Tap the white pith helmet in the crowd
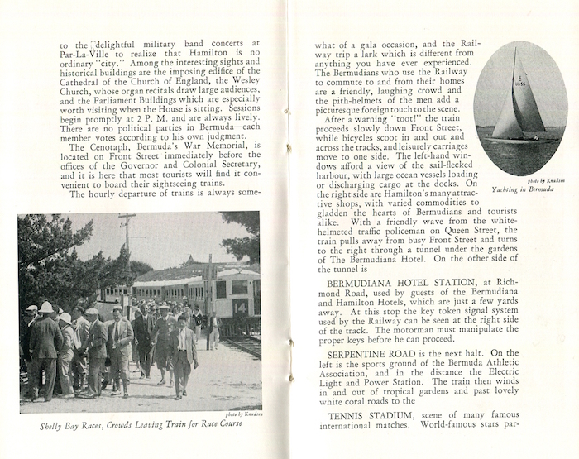45,308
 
